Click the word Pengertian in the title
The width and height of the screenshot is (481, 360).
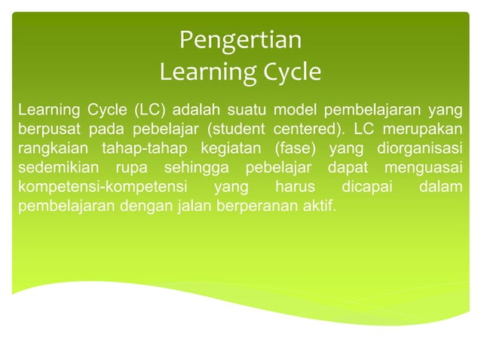coord(240,39)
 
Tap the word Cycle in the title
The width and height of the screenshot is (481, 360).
coord(284,72)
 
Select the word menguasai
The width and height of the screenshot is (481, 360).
coord(421,165)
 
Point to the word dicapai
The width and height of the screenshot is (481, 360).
coord(368,185)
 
